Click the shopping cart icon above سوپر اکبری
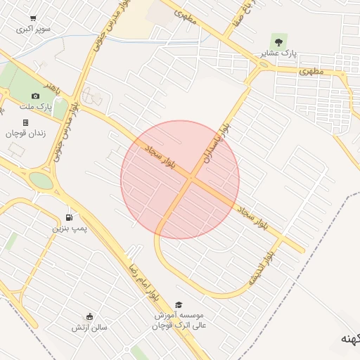click(x=34, y=18)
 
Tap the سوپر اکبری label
click(x=34, y=30)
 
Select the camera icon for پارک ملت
click(x=35, y=96)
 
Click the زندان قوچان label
click(x=25, y=133)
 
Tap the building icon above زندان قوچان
click(x=25, y=122)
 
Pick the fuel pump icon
click(x=68, y=217)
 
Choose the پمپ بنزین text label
click(x=68, y=229)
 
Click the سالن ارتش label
click(x=89, y=327)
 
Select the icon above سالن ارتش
click(x=89, y=316)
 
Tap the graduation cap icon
click(x=179, y=304)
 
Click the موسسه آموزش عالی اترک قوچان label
click(x=179, y=321)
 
